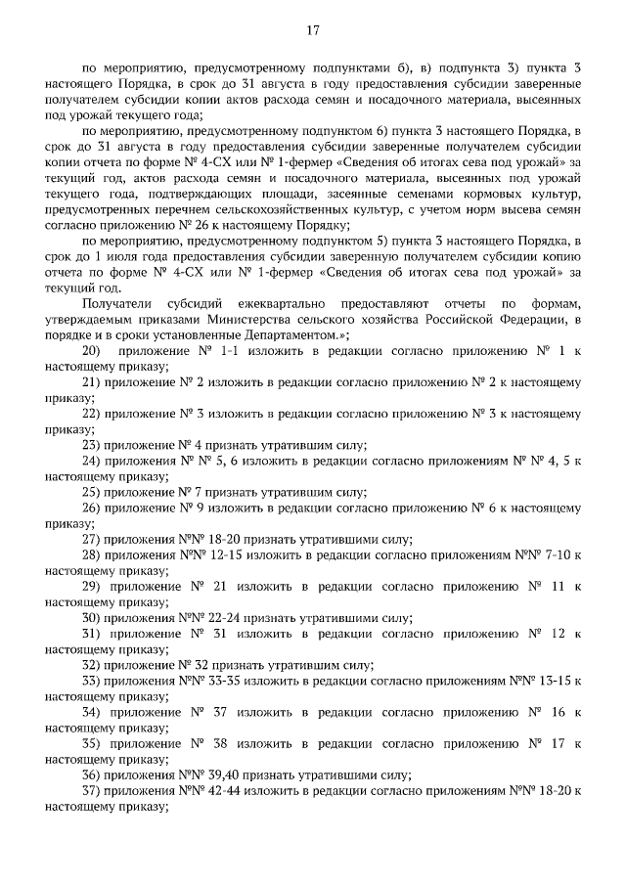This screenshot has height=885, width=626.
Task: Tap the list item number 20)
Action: [x=91, y=350]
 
